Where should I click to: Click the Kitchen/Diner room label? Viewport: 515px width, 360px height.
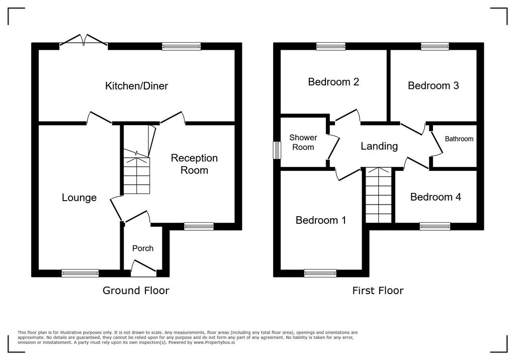tap(136, 86)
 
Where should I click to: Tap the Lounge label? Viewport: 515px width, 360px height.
tap(79, 198)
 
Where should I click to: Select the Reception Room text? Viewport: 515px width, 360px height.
tap(194, 164)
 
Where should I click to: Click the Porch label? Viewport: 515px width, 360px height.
tap(143, 248)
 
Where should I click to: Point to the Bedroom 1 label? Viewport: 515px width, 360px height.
tap(321, 220)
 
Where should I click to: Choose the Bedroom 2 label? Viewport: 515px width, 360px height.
tap(333, 81)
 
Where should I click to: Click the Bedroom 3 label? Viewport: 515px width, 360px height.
tap(433, 85)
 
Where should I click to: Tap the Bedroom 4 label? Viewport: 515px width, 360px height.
tap(436, 197)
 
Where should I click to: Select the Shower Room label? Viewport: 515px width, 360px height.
tap(303, 142)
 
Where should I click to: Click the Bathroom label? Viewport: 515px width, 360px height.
tap(459, 139)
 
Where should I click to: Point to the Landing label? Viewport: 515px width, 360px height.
tap(379, 146)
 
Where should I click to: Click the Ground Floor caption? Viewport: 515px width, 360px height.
tap(136, 291)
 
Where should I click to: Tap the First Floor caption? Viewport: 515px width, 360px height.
tap(378, 291)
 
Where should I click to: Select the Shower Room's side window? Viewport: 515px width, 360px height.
tap(278, 150)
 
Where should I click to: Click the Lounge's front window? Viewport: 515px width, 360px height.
tap(80, 273)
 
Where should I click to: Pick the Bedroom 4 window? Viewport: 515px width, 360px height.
tap(435, 226)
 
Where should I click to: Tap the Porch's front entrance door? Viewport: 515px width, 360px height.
tap(143, 266)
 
